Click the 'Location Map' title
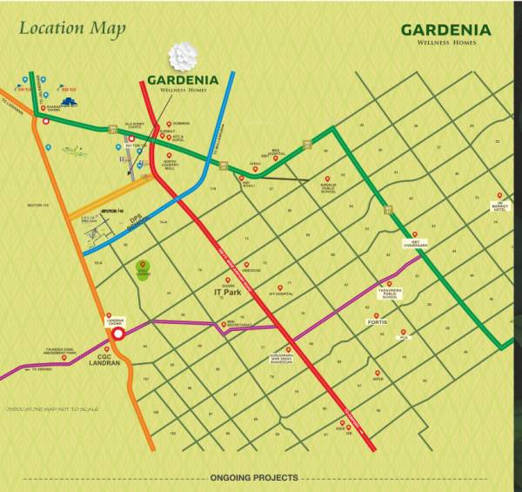[x=72, y=28]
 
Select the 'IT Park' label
[x=226, y=293]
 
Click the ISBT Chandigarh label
[x=414, y=244]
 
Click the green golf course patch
[x=144, y=270]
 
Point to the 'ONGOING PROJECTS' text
[x=254, y=478]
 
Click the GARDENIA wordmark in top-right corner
[x=445, y=30]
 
